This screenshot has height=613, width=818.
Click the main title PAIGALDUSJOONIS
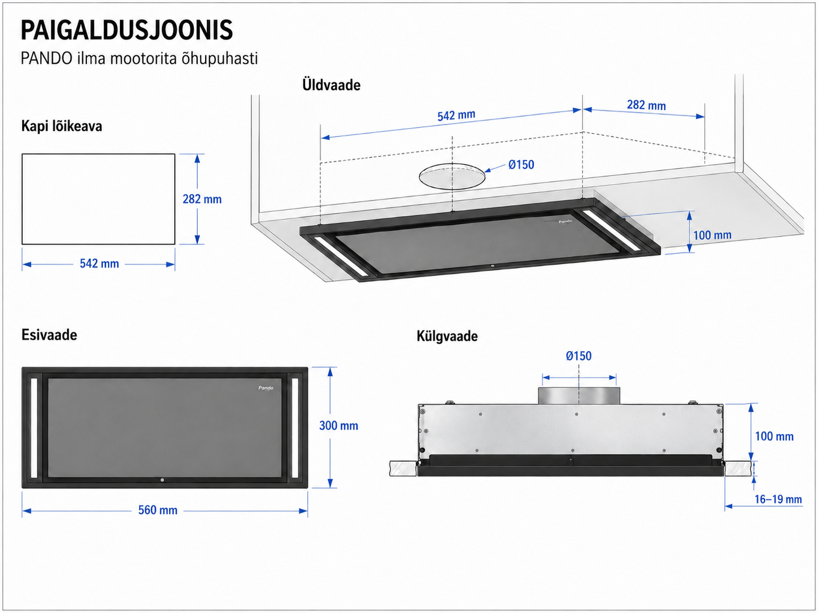coord(127,30)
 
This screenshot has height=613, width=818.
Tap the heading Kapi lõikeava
coord(62,126)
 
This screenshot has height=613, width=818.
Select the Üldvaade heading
coord(331,85)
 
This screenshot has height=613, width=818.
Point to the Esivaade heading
coord(49,335)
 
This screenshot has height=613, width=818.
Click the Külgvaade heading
coord(447,336)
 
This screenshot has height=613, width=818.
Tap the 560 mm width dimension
coord(158,510)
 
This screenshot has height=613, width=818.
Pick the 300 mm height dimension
coord(338,426)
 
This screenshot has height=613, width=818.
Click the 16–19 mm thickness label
coord(778,499)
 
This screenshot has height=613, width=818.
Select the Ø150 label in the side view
coord(578,356)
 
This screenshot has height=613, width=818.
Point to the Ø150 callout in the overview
coord(521,164)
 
